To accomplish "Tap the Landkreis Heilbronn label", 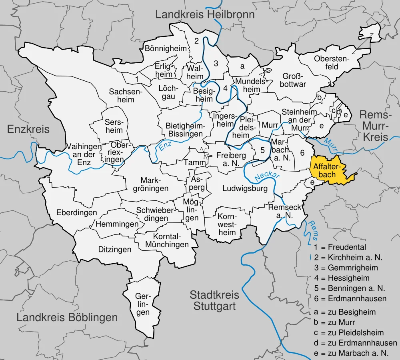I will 205,15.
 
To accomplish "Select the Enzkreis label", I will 28,129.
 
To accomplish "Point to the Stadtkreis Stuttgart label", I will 214,301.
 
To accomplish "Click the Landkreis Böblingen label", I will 67,318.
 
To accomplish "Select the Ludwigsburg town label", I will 245,188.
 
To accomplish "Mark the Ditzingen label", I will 115,250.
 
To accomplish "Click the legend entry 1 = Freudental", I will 340,247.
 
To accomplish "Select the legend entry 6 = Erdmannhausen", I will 350,298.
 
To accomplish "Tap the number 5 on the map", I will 262,150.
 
